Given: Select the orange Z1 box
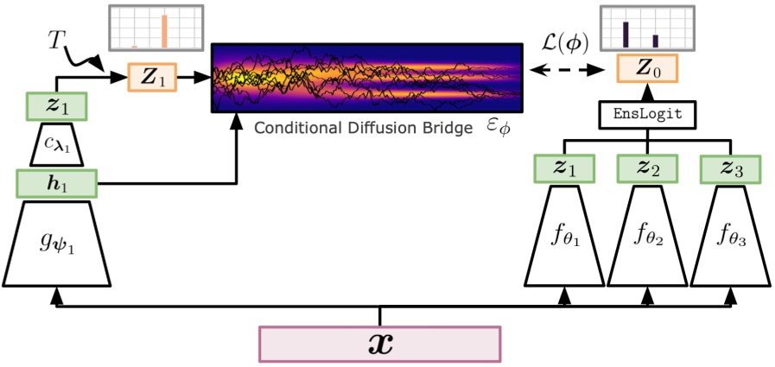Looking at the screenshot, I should point(154,77).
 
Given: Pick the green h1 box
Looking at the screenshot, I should point(56,183).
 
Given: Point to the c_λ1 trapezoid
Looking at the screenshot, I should point(56,145).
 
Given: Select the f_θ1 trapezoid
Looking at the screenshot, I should point(566,236).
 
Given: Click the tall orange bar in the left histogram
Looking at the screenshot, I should point(163,30).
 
